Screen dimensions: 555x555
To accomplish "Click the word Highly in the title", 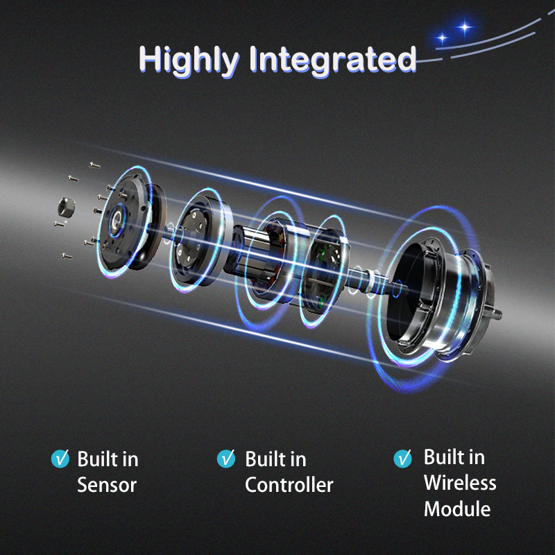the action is [189, 60].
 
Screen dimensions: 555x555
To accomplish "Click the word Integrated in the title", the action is [333, 60].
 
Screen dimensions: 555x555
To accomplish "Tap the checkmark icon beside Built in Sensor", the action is [60, 459].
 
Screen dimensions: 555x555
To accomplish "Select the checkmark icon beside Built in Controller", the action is [226, 459].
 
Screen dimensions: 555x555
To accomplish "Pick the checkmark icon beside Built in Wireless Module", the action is [403, 459].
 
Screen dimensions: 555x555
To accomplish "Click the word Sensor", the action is [107, 485].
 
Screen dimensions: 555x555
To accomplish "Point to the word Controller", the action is [289, 485].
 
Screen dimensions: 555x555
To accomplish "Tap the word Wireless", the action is [460, 483].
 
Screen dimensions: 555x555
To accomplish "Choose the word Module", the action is [457, 509].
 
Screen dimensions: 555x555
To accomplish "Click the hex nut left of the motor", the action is [66, 207].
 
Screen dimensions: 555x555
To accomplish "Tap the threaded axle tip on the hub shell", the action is [497, 314].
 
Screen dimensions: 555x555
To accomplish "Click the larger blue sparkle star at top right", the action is [464, 27].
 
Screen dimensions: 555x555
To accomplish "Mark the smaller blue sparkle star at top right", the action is [442, 37].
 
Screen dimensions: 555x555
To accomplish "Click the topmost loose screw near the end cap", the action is [94, 165].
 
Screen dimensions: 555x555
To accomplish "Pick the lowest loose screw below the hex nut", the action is [67, 256].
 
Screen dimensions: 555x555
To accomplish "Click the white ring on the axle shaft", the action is [371, 282].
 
